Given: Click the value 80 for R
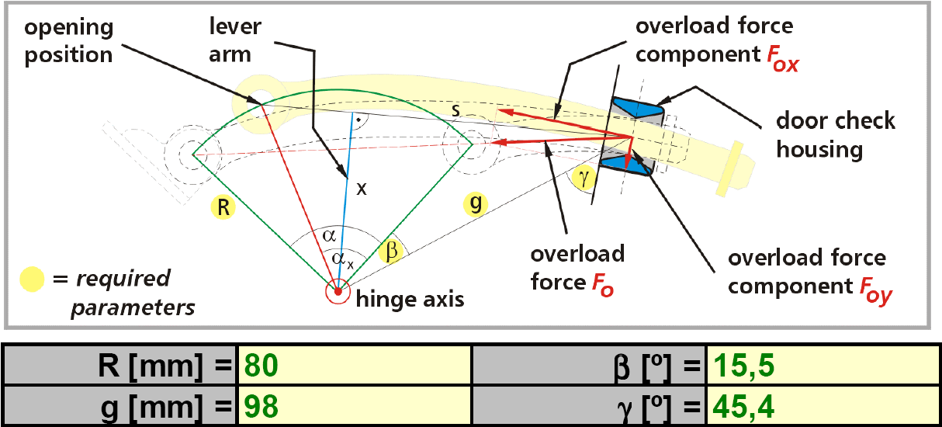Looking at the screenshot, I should tap(260, 364).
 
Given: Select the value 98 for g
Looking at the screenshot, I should tap(260, 404).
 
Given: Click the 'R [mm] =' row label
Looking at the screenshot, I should tap(164, 364).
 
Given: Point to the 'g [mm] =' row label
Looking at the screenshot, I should tap(164, 404).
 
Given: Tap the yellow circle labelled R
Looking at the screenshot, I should tap(222, 208).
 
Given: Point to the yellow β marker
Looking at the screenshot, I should tap(393, 250).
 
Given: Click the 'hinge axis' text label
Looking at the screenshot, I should tap(409, 299).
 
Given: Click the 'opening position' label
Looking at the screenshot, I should tap(68, 41).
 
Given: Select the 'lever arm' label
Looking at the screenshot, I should tap(235, 41).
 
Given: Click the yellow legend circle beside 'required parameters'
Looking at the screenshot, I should tap(33, 278).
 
